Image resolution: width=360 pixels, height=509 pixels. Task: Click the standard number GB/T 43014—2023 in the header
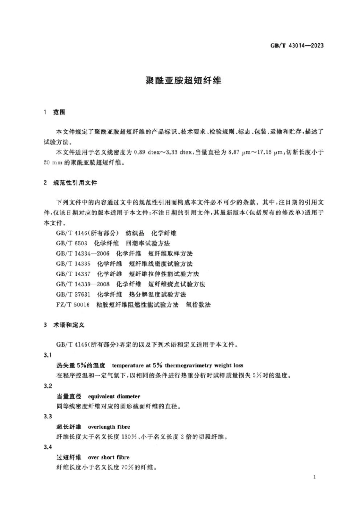pos(297,45)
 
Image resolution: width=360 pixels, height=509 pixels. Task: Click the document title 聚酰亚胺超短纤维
pos(183,80)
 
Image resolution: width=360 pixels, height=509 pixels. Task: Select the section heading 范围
pos(59,112)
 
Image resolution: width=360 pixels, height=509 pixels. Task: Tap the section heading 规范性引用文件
pos(75,183)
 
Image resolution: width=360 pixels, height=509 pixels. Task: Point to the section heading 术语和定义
pos(69,325)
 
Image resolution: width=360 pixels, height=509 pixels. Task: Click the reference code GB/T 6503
pos(72,243)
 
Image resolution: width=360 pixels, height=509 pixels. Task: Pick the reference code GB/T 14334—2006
pos(83,253)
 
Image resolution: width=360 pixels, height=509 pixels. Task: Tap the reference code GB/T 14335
pos(73,264)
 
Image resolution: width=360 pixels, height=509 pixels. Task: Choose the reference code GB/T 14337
pos(73,274)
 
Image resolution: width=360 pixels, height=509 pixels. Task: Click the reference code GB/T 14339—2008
pos(83,284)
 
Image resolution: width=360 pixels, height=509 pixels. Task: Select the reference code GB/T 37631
pos(73,294)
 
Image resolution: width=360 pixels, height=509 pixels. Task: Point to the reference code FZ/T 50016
pos(73,304)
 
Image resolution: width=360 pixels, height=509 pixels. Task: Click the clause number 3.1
pos(48,355)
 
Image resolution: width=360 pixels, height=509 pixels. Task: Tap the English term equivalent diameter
pos(114,397)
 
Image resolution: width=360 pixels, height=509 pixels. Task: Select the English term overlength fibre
pos(109,427)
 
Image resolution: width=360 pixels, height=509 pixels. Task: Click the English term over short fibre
pos(108,457)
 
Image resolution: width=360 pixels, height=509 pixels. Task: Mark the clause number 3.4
pos(48,447)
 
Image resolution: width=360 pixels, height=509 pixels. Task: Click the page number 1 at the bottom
pos(315,477)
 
